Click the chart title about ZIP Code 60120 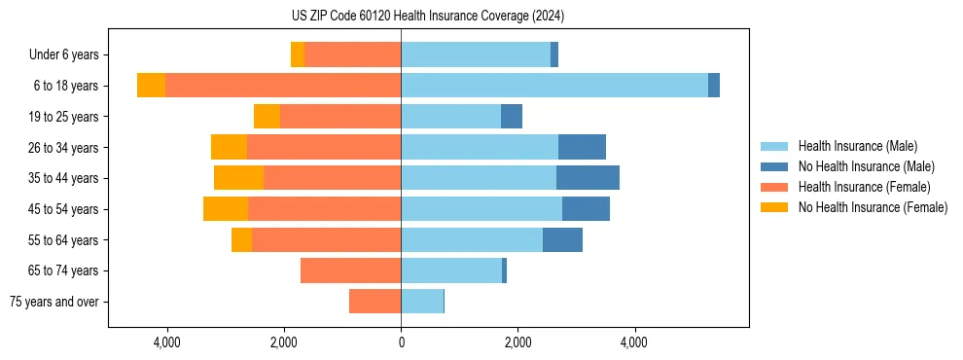pyautogui.click(x=427, y=17)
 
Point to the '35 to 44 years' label pyautogui.click(x=63, y=178)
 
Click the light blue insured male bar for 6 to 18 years pyautogui.click(x=554, y=86)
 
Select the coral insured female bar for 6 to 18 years pyautogui.click(x=282, y=86)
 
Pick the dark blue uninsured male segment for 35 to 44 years pyautogui.click(x=588, y=178)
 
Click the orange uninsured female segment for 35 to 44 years pyautogui.click(x=238, y=178)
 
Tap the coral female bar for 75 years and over pyautogui.click(x=374, y=302)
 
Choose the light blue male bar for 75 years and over pyautogui.click(x=422, y=302)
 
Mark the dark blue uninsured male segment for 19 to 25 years pyautogui.click(x=512, y=117)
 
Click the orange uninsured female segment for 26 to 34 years pyautogui.click(x=229, y=147)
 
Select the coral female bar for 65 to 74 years pyautogui.click(x=350, y=270)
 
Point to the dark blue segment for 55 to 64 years pyautogui.click(x=562, y=239)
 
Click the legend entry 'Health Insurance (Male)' pyautogui.click(x=857, y=146)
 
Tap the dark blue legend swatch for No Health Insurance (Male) pyautogui.click(x=774, y=166)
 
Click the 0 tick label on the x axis pyautogui.click(x=401, y=342)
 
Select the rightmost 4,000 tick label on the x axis pyautogui.click(x=634, y=342)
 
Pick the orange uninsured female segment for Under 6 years pyautogui.click(x=298, y=54)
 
